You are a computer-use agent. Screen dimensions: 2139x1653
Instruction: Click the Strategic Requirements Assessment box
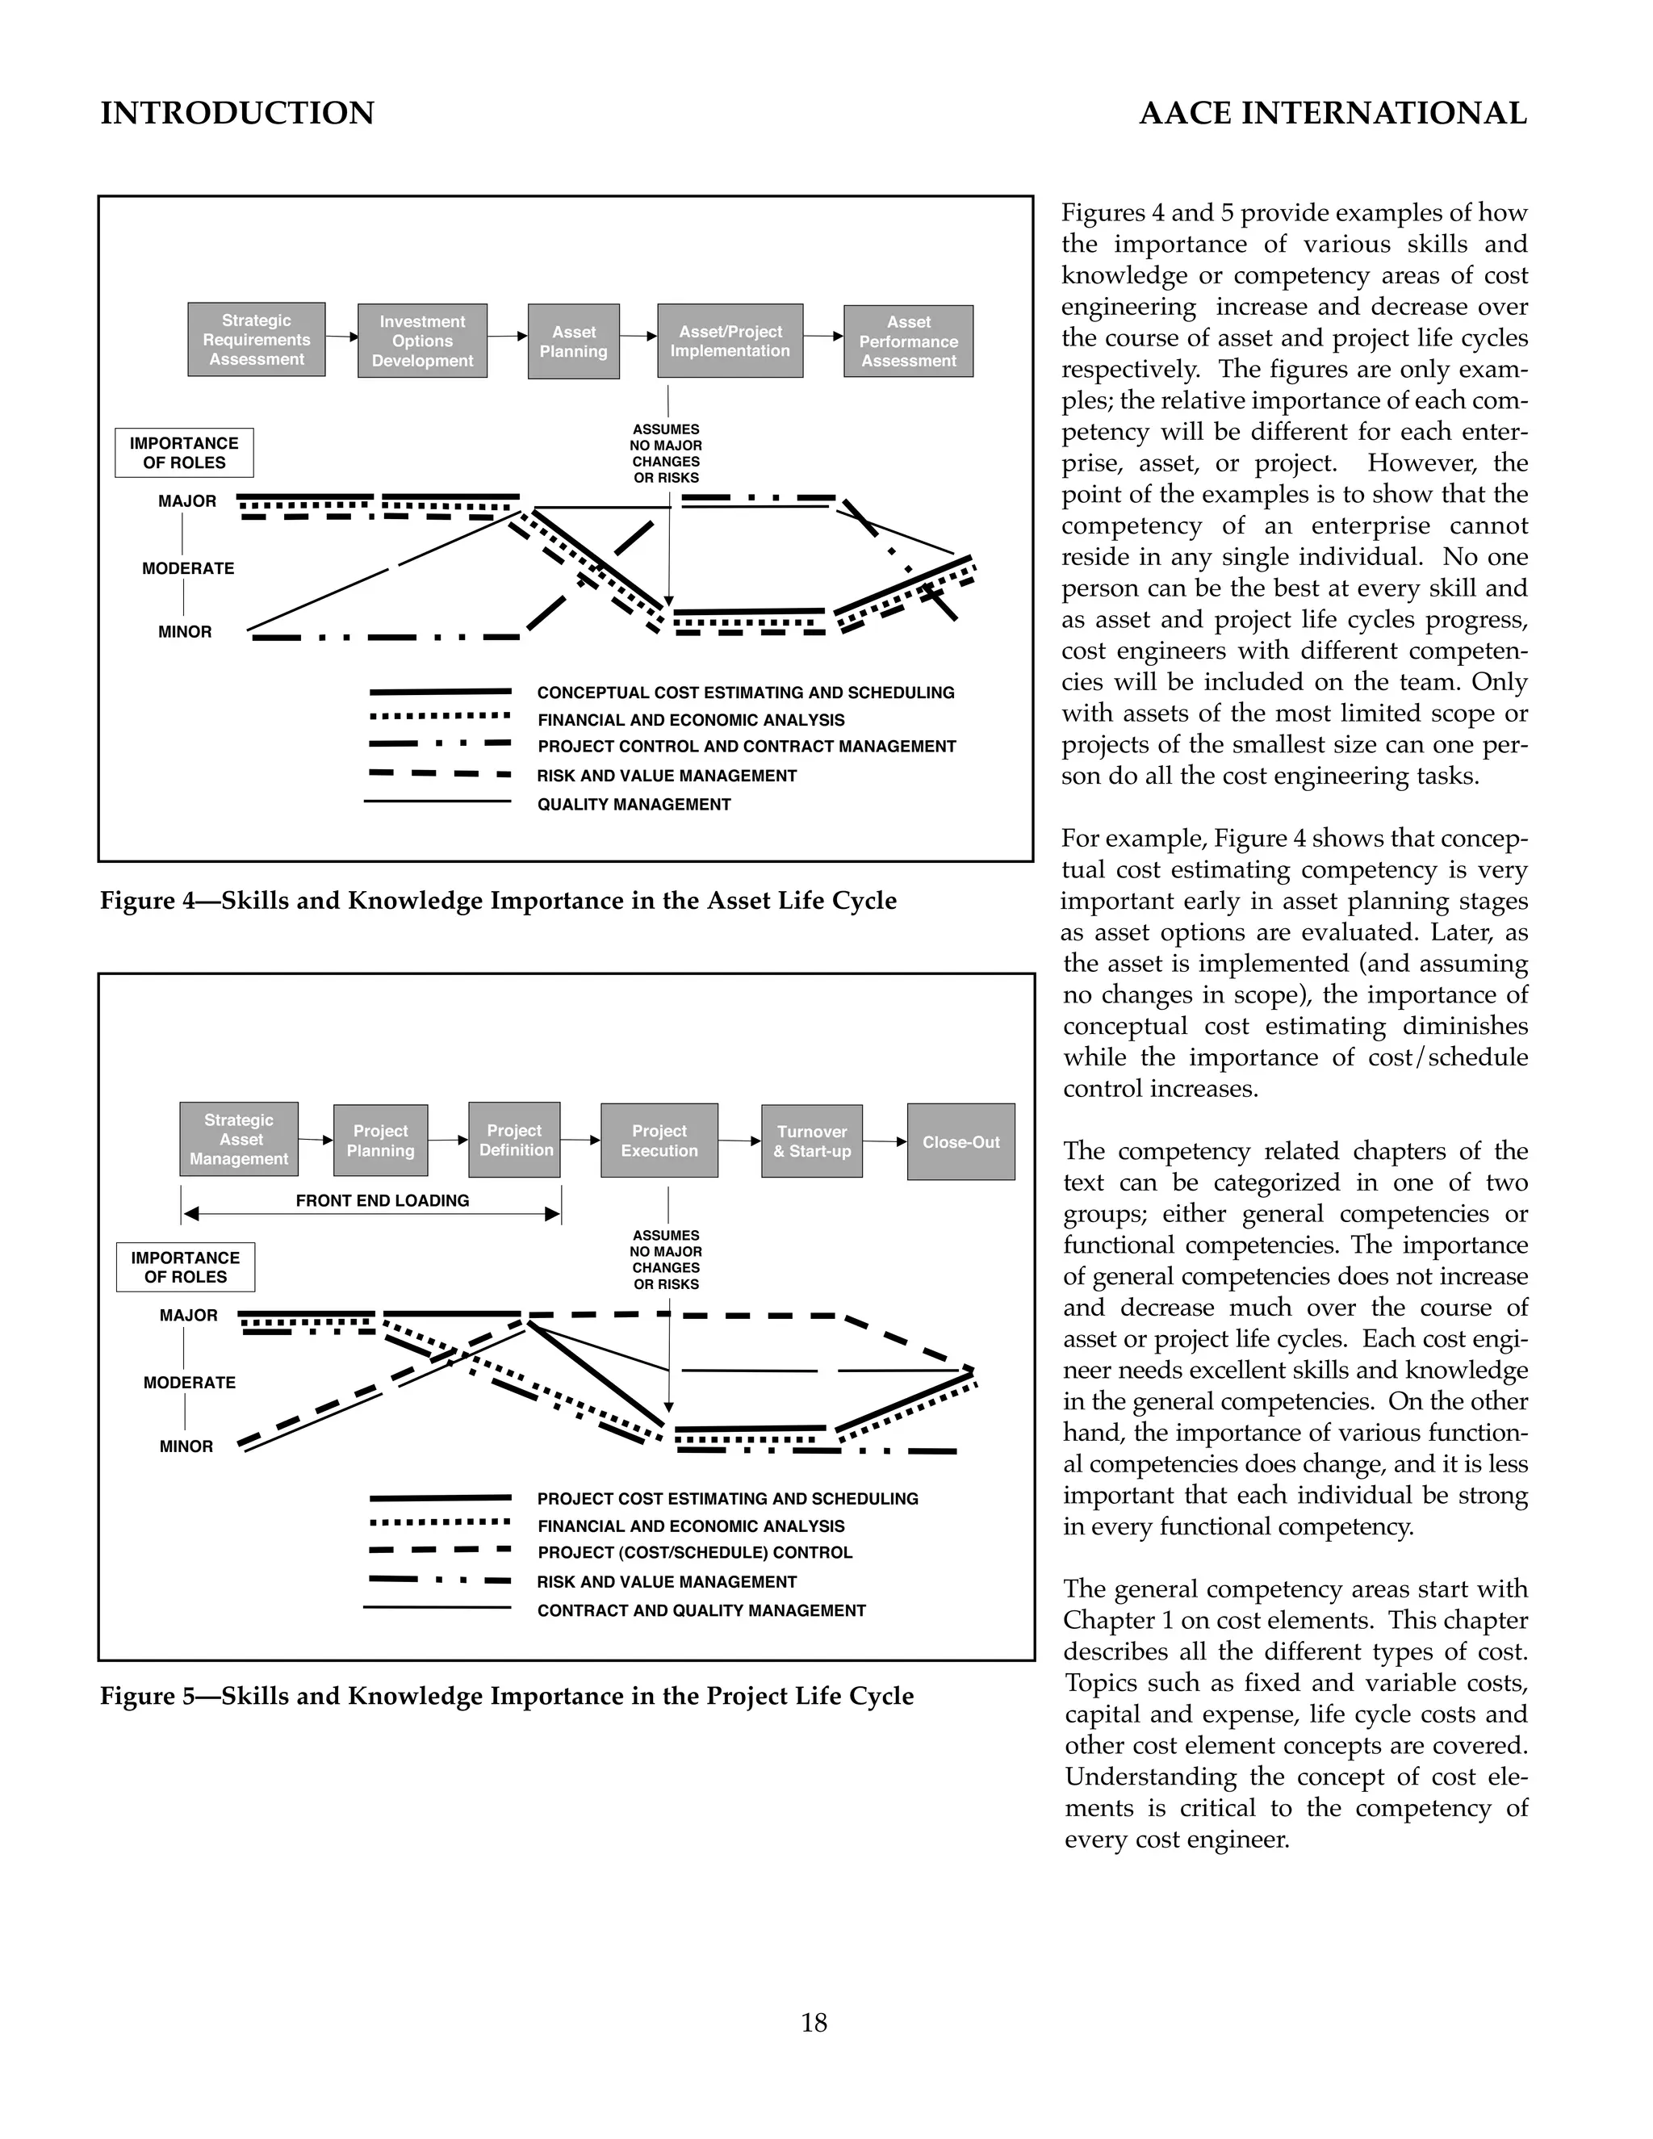click(x=256, y=340)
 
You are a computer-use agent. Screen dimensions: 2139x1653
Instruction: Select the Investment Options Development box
click(x=422, y=341)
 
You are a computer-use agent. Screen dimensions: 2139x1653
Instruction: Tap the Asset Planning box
click(x=573, y=341)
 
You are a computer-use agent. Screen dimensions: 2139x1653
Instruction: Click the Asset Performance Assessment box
click(x=908, y=341)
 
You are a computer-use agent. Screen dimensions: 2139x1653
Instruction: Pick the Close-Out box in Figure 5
click(x=960, y=1142)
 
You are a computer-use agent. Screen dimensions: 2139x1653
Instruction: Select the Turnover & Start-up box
click(x=811, y=1141)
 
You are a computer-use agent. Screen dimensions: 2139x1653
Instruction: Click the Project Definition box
click(x=514, y=1140)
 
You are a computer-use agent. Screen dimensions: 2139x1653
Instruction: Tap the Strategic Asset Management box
click(x=239, y=1139)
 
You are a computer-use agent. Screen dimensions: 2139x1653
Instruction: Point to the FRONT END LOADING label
click(x=382, y=1201)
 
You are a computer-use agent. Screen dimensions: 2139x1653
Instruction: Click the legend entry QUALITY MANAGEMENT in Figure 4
click(x=634, y=804)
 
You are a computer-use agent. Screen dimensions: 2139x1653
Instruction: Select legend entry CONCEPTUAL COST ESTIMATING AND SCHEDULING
click(x=745, y=693)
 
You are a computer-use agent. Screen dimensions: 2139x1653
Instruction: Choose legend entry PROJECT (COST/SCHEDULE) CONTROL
click(x=694, y=1552)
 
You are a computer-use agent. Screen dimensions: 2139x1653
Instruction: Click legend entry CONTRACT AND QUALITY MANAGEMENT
click(x=701, y=1610)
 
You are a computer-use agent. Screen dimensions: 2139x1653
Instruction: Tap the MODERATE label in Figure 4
click(x=188, y=568)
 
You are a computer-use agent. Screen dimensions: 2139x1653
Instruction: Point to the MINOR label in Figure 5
click(x=186, y=1446)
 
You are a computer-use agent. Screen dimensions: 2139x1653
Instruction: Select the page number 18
click(x=814, y=2023)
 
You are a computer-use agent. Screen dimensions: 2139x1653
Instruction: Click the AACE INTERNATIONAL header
click(x=1333, y=114)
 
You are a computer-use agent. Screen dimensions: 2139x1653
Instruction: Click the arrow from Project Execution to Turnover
click(x=739, y=1141)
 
